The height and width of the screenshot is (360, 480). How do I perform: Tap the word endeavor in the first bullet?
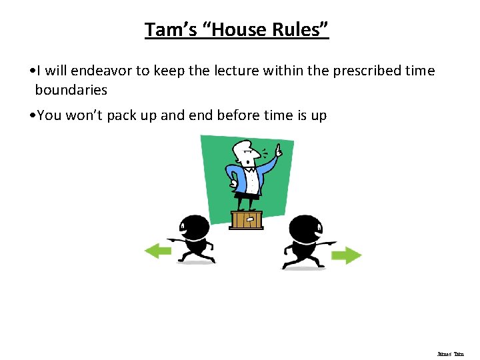tap(101, 71)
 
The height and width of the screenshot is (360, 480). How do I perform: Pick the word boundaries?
tap(71, 89)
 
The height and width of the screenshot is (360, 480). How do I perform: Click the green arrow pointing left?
tap(158, 251)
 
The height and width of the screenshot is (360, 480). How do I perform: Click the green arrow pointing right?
tap(346, 255)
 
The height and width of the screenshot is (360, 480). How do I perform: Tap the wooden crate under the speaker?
tap(246, 219)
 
